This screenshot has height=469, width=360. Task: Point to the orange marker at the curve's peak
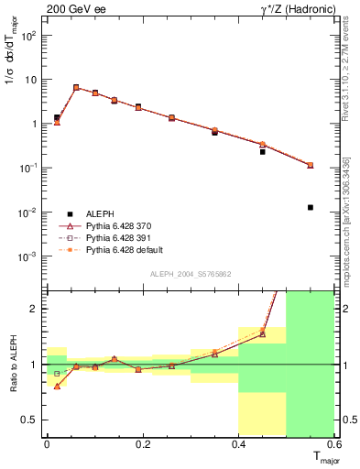(76, 87)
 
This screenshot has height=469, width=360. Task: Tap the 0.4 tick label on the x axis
(238, 444)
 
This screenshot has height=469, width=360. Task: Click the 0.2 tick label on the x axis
(142, 444)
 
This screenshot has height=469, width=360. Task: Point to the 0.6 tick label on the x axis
(333, 444)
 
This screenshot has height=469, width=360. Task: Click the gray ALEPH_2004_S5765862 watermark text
(191, 274)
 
